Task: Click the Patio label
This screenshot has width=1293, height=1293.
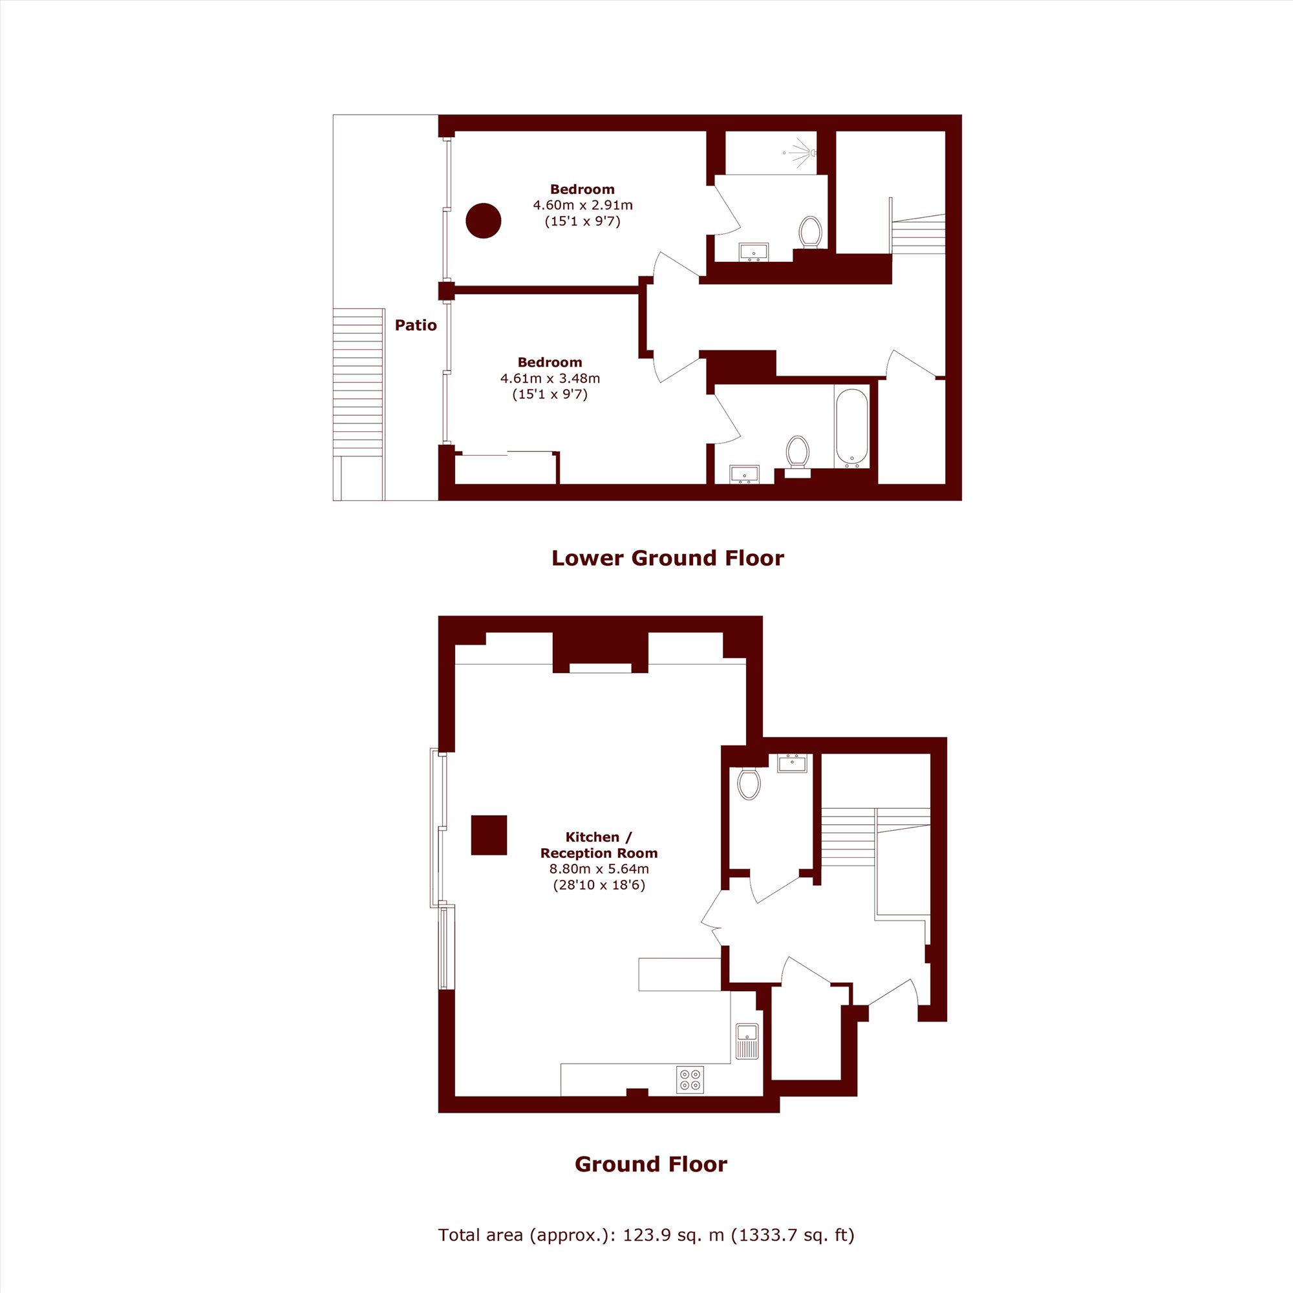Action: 416,325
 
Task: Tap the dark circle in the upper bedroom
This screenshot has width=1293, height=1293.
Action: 483,220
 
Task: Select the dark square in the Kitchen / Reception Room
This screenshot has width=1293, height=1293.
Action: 489,835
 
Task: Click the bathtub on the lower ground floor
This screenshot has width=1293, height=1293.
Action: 851,427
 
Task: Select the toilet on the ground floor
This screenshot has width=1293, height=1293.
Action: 749,783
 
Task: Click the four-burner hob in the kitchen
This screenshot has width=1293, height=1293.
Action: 690,1079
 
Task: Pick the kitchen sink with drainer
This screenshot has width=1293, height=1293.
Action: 747,1041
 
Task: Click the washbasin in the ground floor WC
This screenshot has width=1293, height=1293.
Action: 793,763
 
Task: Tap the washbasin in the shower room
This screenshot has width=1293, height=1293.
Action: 754,251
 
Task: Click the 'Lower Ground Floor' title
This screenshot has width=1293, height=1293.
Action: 667,558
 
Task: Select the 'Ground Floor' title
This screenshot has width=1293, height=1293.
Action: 650,1164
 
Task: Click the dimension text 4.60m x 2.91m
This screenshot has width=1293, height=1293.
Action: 582,206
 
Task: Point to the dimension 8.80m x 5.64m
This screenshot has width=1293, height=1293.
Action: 599,870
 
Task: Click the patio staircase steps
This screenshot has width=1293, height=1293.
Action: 359,382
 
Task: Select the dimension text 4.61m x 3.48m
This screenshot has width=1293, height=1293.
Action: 550,378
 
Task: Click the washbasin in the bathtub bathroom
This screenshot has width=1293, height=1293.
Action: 744,474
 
